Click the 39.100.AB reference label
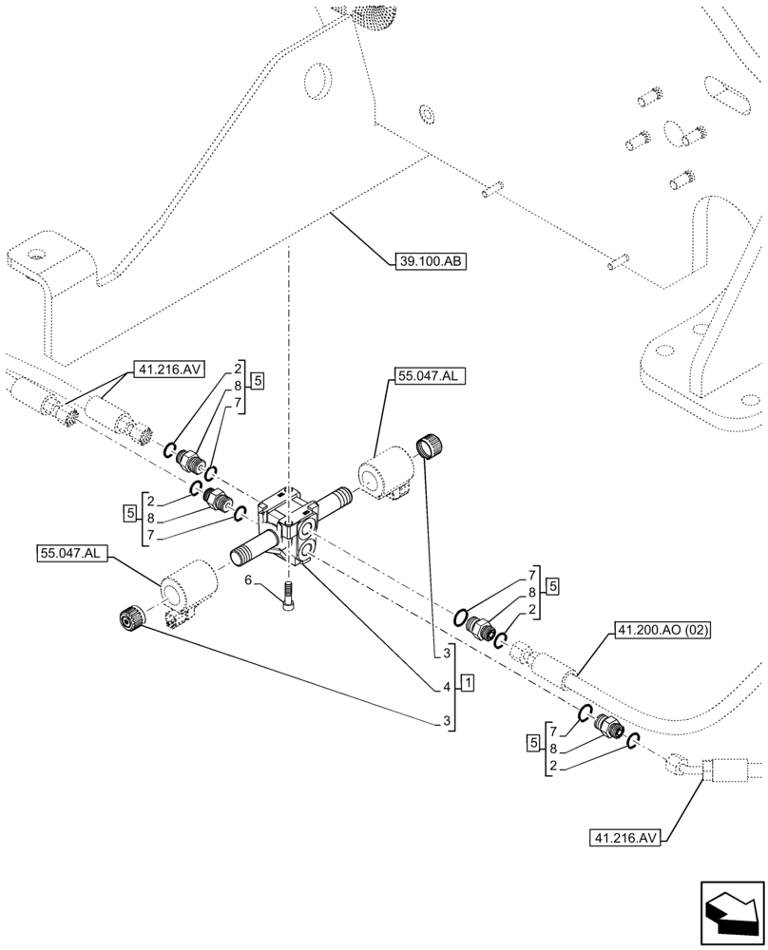[428, 259]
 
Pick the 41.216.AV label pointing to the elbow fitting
[623, 838]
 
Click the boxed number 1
[469, 684]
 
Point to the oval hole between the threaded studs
[672, 134]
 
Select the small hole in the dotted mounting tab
[36, 254]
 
